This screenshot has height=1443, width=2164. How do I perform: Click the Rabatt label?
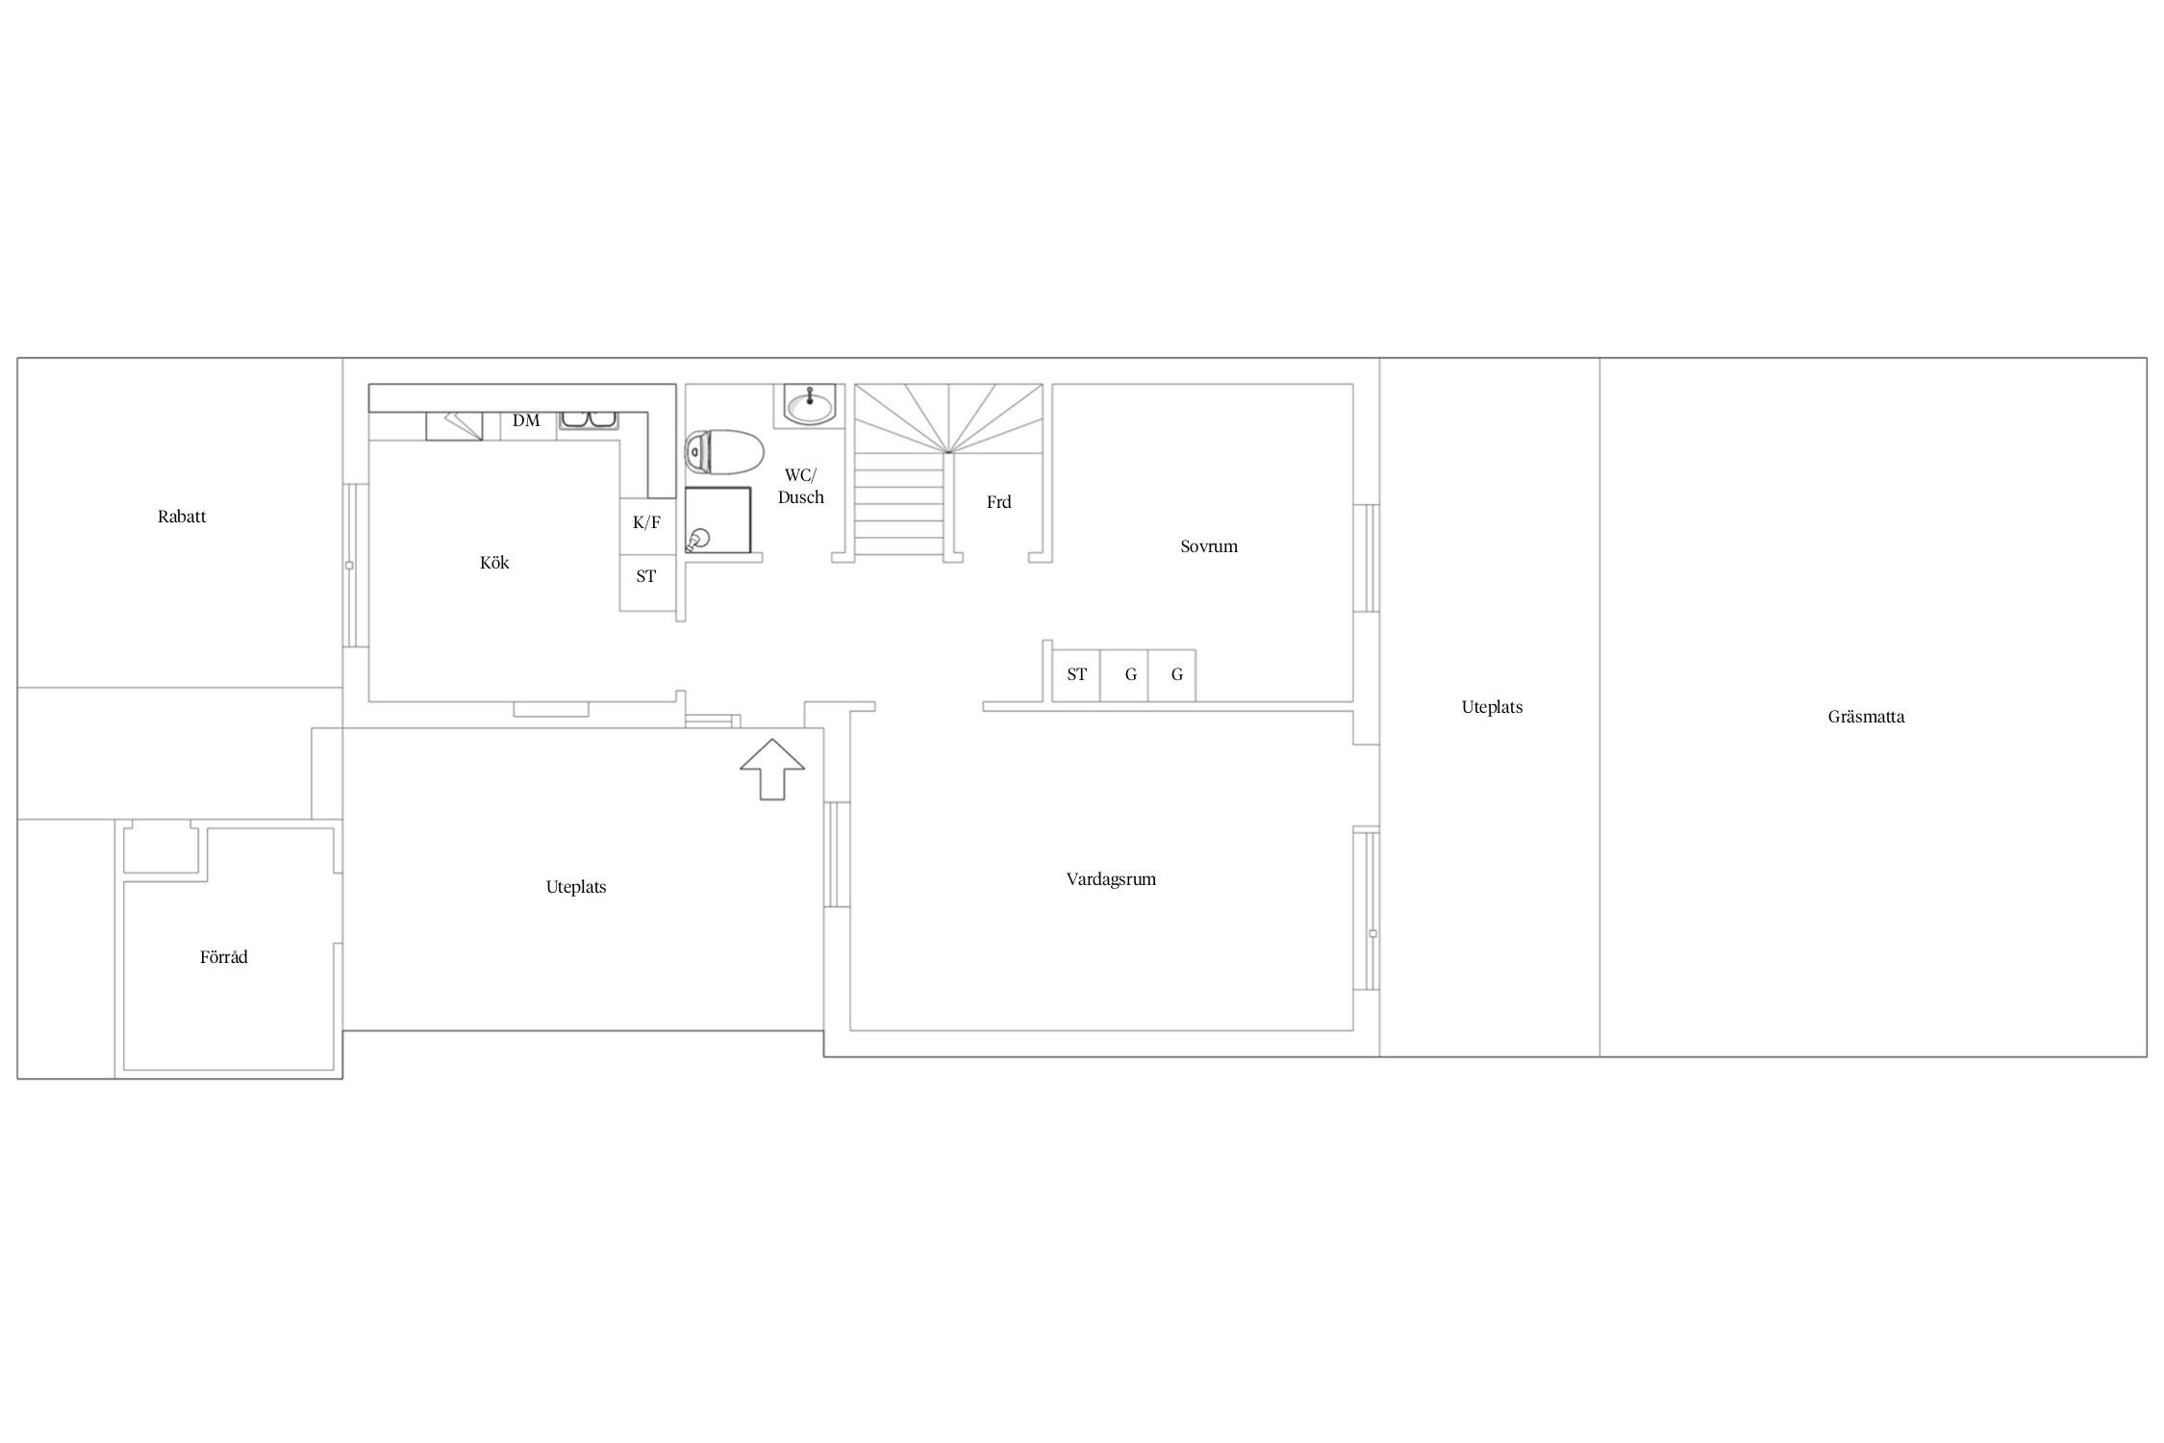point(182,517)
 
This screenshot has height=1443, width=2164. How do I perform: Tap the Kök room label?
point(494,563)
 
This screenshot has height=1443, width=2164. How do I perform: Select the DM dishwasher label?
point(526,420)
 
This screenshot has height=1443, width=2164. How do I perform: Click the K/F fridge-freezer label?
point(646,522)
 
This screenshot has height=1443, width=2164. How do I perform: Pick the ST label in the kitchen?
point(646,576)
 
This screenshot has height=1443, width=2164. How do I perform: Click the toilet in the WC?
point(724,452)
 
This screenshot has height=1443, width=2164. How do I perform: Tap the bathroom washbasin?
point(810,404)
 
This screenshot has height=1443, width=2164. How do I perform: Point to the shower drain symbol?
point(698,540)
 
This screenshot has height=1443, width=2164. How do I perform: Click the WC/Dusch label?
point(800,486)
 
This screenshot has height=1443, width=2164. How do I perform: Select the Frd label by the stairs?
point(998,502)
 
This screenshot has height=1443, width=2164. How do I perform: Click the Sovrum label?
point(1209,546)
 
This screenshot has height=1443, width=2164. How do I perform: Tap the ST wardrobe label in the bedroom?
point(1077,674)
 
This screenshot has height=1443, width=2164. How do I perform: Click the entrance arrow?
point(772,770)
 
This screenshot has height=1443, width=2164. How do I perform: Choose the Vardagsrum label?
point(1111,879)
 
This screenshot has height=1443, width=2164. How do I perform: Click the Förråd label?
point(224,957)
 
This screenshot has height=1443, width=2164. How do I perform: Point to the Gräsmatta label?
point(1866,717)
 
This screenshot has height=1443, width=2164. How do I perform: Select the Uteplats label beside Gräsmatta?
point(1492,707)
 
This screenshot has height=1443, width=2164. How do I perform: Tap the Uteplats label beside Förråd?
point(576,887)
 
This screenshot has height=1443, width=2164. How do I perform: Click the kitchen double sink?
point(589,419)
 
